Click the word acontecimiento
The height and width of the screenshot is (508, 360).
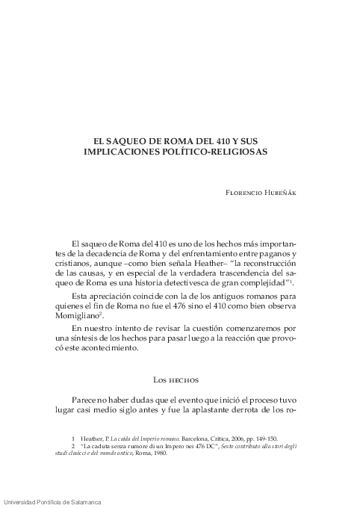coord(105,350)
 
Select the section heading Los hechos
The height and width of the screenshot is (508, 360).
coord(179,380)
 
